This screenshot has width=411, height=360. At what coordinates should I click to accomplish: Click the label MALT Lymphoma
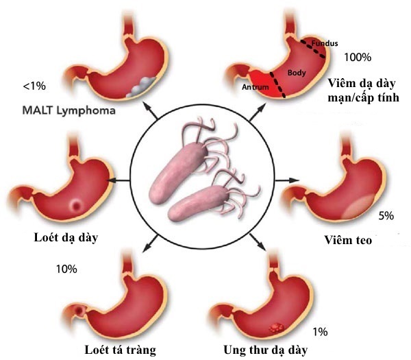(x=68, y=110)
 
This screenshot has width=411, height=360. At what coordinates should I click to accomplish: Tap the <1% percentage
(x=34, y=86)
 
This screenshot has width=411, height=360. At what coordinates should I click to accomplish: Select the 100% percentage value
(x=358, y=57)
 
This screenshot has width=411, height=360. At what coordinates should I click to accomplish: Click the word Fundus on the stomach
(x=325, y=43)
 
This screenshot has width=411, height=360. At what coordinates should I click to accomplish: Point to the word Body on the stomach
(x=297, y=73)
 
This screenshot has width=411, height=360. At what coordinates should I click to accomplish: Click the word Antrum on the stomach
(x=256, y=87)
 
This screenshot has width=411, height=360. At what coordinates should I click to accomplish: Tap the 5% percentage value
(x=386, y=216)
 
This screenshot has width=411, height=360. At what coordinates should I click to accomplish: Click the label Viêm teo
(x=348, y=240)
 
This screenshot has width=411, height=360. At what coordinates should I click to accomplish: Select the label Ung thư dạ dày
(x=265, y=350)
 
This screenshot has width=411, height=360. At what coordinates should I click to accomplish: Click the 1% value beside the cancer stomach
(x=320, y=332)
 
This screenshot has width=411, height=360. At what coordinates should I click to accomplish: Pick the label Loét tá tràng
(x=120, y=350)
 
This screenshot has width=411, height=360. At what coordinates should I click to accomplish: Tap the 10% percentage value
(x=66, y=269)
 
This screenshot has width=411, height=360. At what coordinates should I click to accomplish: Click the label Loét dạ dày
(x=66, y=238)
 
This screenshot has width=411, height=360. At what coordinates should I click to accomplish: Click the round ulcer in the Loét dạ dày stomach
(x=76, y=204)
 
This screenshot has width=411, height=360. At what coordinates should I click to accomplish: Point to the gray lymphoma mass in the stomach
(x=142, y=87)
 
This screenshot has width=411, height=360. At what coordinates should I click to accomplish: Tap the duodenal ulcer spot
(x=79, y=311)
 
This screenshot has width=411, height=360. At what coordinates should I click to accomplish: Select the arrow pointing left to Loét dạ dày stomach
(x=119, y=180)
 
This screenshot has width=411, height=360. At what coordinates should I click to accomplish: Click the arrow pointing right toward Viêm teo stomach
(x=287, y=180)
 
